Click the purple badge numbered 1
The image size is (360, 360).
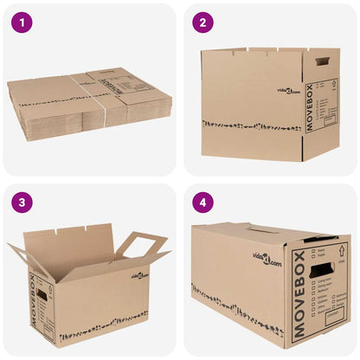click(22, 23)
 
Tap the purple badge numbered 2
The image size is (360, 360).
click(202, 23)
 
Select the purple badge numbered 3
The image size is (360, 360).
click(22, 203)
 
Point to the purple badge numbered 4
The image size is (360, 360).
click(202, 203)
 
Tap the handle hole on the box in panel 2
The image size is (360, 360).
click(323, 61)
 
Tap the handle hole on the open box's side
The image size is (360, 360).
click(42, 296)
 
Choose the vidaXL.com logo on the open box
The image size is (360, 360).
click(141, 276)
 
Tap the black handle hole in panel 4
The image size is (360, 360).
click(321, 269)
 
